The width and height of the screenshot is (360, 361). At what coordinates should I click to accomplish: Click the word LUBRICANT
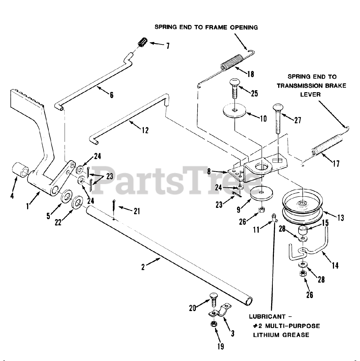pyautogui.click(x=265, y=317)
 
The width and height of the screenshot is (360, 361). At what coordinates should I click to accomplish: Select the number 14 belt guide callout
pyautogui.click(x=335, y=265)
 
